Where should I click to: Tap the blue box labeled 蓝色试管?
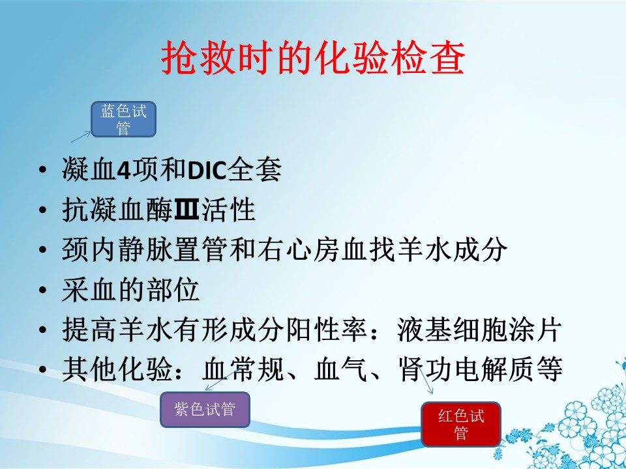[x=123, y=119]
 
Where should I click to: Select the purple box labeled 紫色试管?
[x=205, y=410]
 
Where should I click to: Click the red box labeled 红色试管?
[x=461, y=424]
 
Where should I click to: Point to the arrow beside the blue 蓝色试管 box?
[x=81, y=136]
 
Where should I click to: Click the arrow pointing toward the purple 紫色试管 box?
[x=221, y=380]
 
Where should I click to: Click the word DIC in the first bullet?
[x=207, y=170]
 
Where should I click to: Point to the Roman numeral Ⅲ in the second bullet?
[x=187, y=210]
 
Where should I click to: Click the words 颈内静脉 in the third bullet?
[x=118, y=249]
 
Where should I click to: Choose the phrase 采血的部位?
[x=130, y=290]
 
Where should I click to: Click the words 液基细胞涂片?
[x=479, y=330]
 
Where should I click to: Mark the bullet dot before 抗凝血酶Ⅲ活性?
[x=43, y=210]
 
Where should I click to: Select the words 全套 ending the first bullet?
[x=255, y=170]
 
